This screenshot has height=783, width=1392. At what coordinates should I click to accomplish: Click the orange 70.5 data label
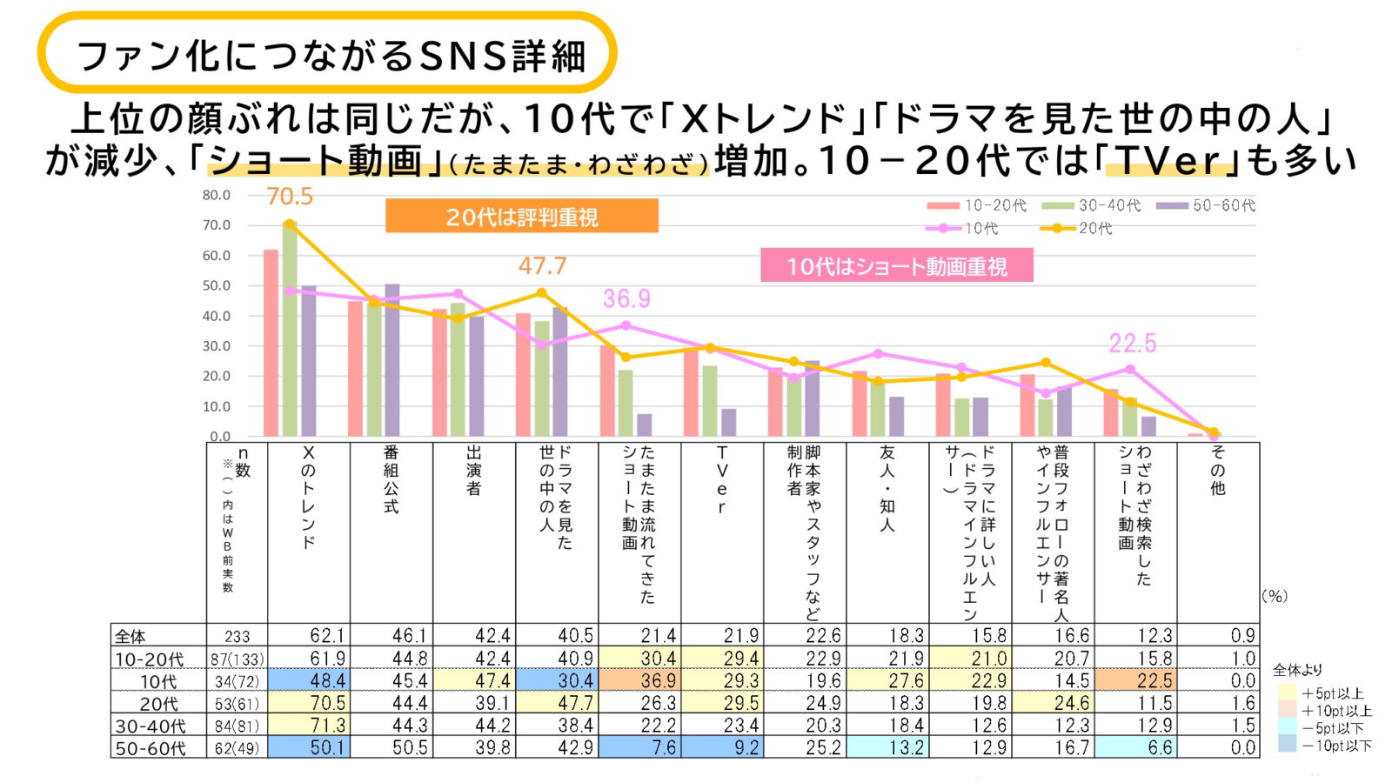[290, 197]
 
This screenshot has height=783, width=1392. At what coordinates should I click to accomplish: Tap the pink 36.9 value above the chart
[626, 299]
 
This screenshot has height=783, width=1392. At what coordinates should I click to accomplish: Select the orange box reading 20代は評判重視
[522, 217]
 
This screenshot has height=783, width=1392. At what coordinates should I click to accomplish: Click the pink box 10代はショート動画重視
[896, 265]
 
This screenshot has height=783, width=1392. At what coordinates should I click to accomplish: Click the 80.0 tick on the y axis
[217, 195]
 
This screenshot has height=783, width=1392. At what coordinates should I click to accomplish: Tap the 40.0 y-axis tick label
[217, 316]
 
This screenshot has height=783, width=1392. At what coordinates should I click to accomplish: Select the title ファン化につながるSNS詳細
[331, 56]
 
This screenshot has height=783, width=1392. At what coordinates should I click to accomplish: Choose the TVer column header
[722, 480]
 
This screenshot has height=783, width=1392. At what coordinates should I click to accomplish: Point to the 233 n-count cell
[237, 637]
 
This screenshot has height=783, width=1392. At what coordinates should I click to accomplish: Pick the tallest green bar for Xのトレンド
[290, 331]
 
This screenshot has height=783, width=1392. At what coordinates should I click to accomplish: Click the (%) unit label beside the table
[1275, 596]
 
